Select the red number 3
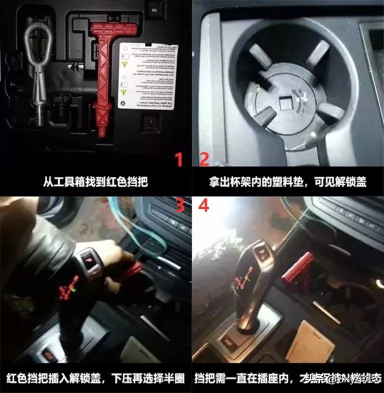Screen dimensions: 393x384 [179, 205]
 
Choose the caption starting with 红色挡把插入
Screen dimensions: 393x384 [95, 378]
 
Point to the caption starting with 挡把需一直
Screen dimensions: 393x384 [287, 378]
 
